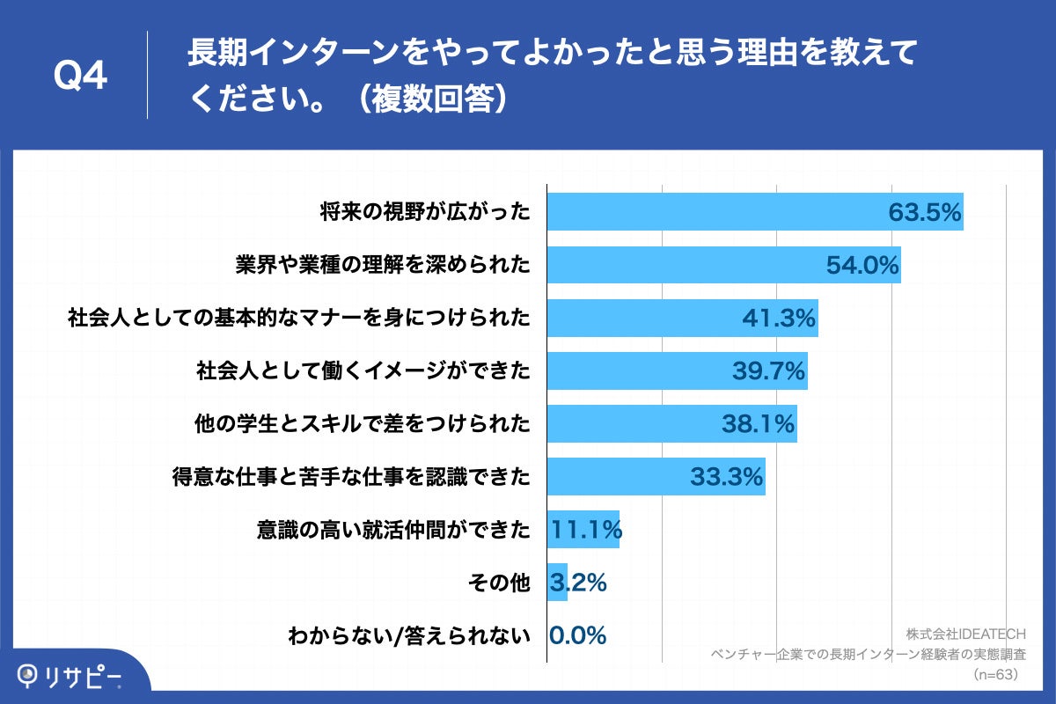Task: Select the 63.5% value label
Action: pyautogui.click(x=923, y=212)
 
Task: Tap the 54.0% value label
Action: pyautogui.click(x=862, y=265)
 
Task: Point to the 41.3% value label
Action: pyautogui.click(x=779, y=318)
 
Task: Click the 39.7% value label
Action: pyautogui.click(x=768, y=371)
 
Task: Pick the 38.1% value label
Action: pyautogui.click(x=758, y=424)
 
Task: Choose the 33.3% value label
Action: pyautogui.click(x=725, y=477)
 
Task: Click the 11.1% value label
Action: pyautogui.click(x=586, y=530)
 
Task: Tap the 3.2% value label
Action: pyautogui.click(x=577, y=583)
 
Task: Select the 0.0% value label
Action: pyautogui.click(x=577, y=635)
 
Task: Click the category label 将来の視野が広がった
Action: pyautogui.click(x=425, y=212)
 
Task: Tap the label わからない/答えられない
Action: pyautogui.click(x=409, y=635)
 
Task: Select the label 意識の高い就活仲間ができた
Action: pyautogui.click(x=393, y=530)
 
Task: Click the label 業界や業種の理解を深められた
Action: pyautogui.click(x=383, y=265)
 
